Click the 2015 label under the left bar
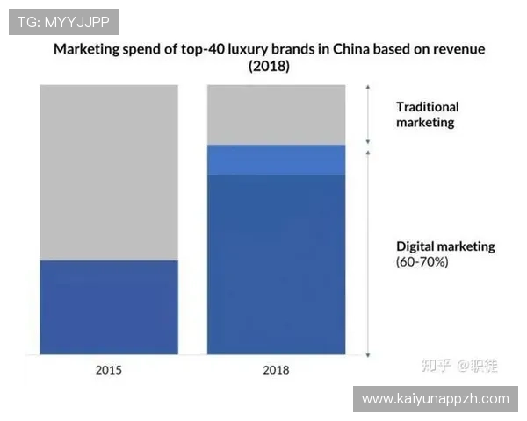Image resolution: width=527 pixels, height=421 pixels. (x=109, y=369)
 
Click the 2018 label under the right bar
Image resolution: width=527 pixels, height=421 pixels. (x=276, y=369)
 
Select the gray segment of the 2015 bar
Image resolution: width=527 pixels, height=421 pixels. (x=109, y=172)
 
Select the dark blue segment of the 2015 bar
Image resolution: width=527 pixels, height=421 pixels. (x=109, y=307)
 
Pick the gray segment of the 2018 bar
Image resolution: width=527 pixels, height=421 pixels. (x=276, y=114)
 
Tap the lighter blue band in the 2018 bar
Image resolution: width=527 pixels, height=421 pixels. (x=276, y=160)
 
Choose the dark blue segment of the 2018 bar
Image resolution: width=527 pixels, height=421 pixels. (x=276, y=263)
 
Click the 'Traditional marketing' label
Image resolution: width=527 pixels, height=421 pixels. (x=427, y=115)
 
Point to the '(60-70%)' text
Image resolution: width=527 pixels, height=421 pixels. (x=422, y=261)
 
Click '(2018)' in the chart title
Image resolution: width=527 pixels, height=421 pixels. (x=269, y=66)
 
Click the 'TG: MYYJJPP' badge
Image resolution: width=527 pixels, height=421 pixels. (x=62, y=21)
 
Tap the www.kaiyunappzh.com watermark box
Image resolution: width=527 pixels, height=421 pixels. (x=435, y=399)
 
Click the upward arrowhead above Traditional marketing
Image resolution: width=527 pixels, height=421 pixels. (x=368, y=88)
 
